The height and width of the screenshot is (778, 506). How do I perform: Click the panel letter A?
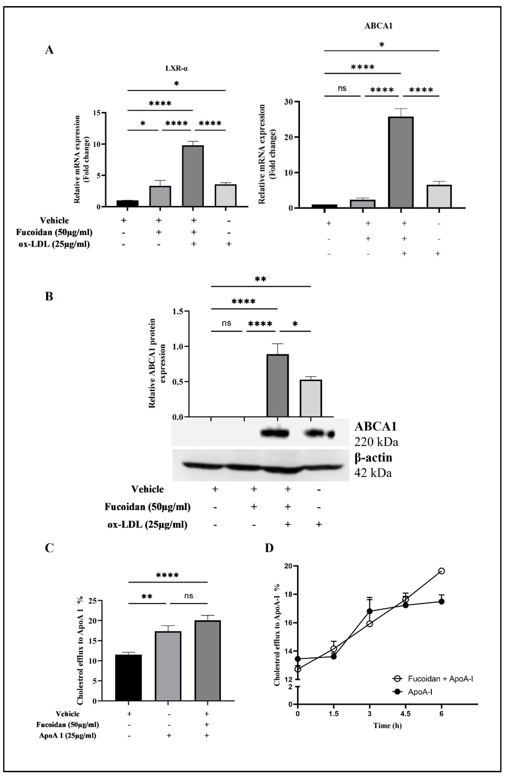49,50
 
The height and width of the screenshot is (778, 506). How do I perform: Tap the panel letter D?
269,548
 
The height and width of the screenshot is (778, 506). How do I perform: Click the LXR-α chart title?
177,69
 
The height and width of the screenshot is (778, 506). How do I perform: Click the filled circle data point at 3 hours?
370,611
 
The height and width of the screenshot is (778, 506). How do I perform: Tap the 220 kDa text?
376,442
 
